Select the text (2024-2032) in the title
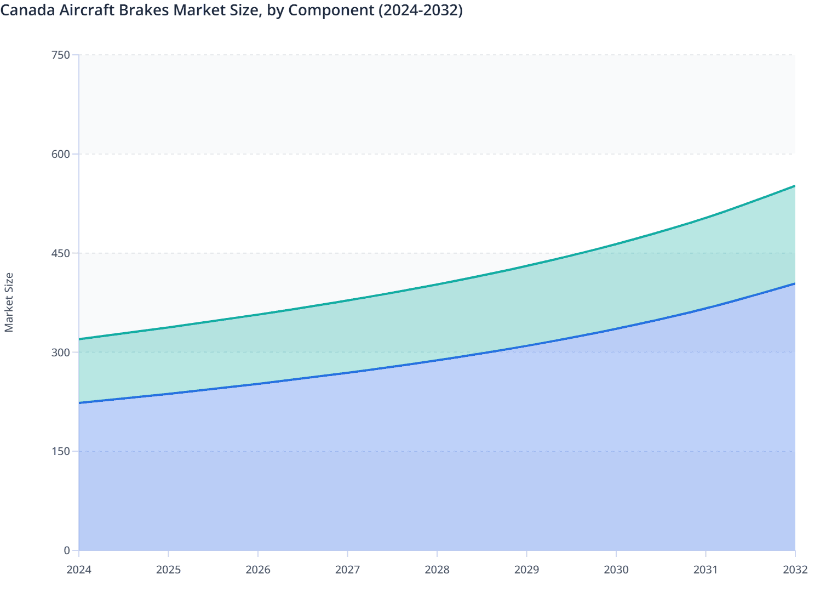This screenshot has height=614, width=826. pos(420,10)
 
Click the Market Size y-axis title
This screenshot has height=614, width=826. pos(9,303)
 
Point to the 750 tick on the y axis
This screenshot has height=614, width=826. pos(60,55)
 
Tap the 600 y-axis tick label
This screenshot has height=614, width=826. pos(60,154)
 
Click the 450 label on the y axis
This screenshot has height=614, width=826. pos(60,253)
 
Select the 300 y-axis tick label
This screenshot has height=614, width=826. pos(60,352)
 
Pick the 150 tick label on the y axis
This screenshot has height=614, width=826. pos(60,451)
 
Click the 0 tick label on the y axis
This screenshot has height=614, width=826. pos(66,550)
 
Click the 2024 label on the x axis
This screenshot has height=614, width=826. pos(79,570)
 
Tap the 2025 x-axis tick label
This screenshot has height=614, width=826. pos(168,570)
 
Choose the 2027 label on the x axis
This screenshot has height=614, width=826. pos(347,570)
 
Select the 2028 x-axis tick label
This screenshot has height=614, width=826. pos(437,570)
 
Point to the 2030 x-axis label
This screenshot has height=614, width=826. pos(616,570)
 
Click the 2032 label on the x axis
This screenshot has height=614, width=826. pos(795,570)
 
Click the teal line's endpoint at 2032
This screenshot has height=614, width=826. pos(795,186)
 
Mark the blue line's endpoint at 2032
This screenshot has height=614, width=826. pos(795,283)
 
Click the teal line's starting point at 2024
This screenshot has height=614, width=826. pos(79,339)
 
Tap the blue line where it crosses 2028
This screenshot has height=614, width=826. pos(437,360)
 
